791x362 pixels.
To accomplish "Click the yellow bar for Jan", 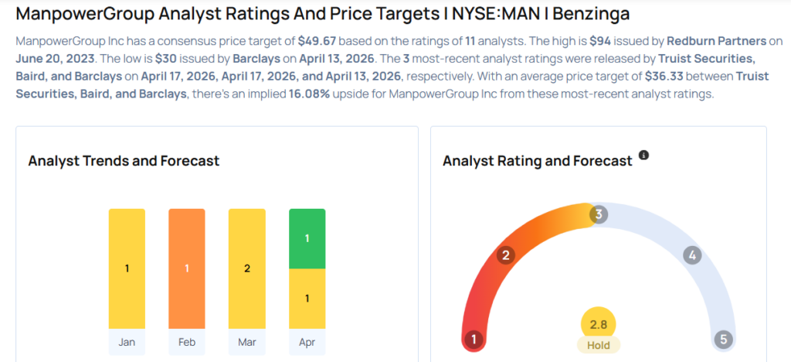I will pos(127,268).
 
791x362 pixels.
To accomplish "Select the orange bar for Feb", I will pos(187,268).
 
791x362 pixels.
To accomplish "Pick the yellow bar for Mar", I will pos(246,268).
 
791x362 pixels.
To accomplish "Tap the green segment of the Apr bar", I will pos(307,238).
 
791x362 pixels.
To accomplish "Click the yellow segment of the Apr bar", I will pos(307,299).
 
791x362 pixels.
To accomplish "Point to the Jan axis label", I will pos(127,343).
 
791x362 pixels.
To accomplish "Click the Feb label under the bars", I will pos(187,343).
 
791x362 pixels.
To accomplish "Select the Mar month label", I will pos(246,343).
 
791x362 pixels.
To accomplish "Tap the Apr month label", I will pos(307,343).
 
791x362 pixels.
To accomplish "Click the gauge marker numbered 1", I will pos(474,339).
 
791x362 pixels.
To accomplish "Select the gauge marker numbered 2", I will pos(506,255).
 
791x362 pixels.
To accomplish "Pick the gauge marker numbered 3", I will pos(598,214).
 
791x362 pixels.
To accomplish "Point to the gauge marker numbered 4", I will pos(692,255).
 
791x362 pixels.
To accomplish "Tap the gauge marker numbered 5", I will pos(723,339).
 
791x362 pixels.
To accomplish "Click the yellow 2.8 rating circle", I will pos(599,323).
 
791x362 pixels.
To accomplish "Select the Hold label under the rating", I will pos(599,345).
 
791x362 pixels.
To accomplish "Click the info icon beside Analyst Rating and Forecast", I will pos(643,155).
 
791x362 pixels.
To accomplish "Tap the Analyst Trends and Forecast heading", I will pos(124,161).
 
